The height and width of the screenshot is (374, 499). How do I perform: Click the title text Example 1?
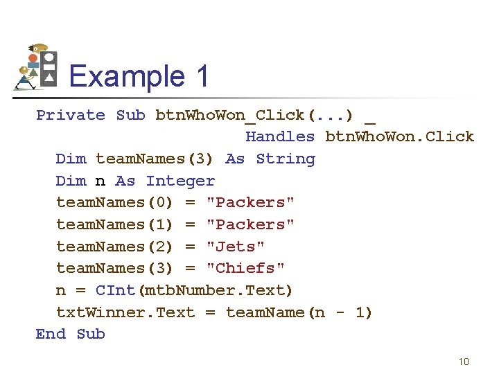coord(139,75)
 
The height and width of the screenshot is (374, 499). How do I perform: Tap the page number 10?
coord(464,362)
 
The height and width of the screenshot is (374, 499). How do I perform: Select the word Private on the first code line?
coord(71,115)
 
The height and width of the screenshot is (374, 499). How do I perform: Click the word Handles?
coord(280,137)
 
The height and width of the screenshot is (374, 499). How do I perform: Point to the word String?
coord(285,159)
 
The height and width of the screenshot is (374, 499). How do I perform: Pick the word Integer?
coord(180,181)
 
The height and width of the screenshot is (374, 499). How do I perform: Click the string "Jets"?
coord(236,247)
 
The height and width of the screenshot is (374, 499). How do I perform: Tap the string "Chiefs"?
coord(245,268)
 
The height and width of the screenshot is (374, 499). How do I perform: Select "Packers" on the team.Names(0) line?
coord(250,203)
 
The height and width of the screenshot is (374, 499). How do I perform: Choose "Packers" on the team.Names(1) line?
coord(250,224)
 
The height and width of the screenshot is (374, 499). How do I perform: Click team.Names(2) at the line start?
coord(114,247)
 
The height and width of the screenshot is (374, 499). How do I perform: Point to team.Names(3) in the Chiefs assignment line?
coord(114,268)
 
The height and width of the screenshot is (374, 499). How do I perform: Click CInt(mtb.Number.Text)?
coord(194,290)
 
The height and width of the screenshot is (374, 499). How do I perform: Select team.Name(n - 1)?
coord(299,312)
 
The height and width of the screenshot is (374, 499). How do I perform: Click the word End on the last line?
coord(51,334)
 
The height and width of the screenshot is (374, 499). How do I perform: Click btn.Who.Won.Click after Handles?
coord(400,137)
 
